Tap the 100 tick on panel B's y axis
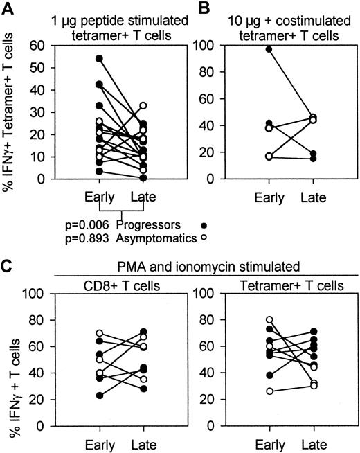[x=221, y=45]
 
